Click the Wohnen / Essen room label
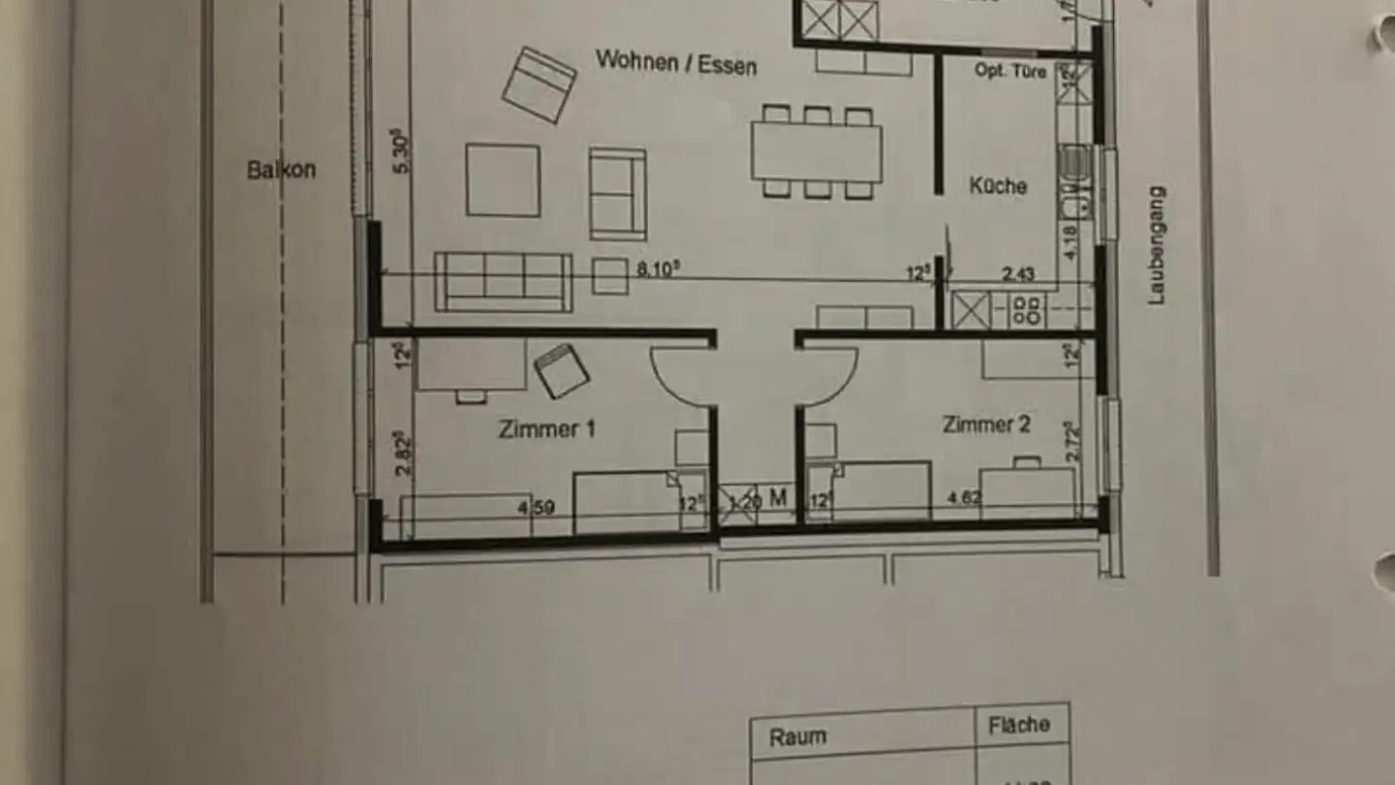676,63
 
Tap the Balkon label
281,171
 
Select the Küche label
998,185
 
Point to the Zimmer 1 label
546,428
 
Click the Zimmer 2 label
986,424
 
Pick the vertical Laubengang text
1157,246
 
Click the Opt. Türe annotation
1010,71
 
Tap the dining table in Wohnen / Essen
816,153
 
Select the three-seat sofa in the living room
502,281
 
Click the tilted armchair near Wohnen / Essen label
539,84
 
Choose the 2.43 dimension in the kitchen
1016,275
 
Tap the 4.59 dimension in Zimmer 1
537,507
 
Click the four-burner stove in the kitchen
1026,311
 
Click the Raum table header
797,737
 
